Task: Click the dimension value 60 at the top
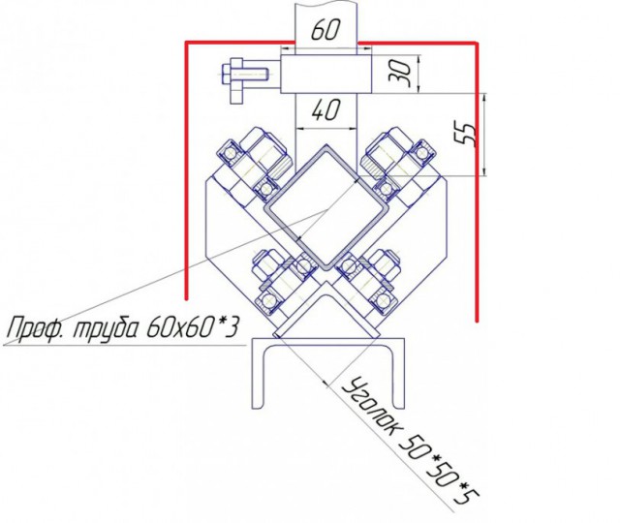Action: click(325, 30)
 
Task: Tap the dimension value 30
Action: click(400, 74)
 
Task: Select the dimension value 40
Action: click(325, 110)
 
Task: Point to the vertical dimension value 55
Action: click(465, 133)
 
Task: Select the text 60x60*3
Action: click(193, 327)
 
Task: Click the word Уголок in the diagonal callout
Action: click(369, 409)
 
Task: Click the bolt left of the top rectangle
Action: click(243, 80)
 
